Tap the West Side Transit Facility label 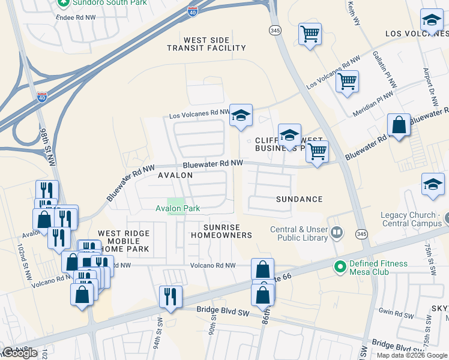coord(206,44)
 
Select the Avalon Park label coord(177,209)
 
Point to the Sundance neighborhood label coord(300,199)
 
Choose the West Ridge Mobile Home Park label coord(124,242)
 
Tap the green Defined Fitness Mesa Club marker coord(340,264)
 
